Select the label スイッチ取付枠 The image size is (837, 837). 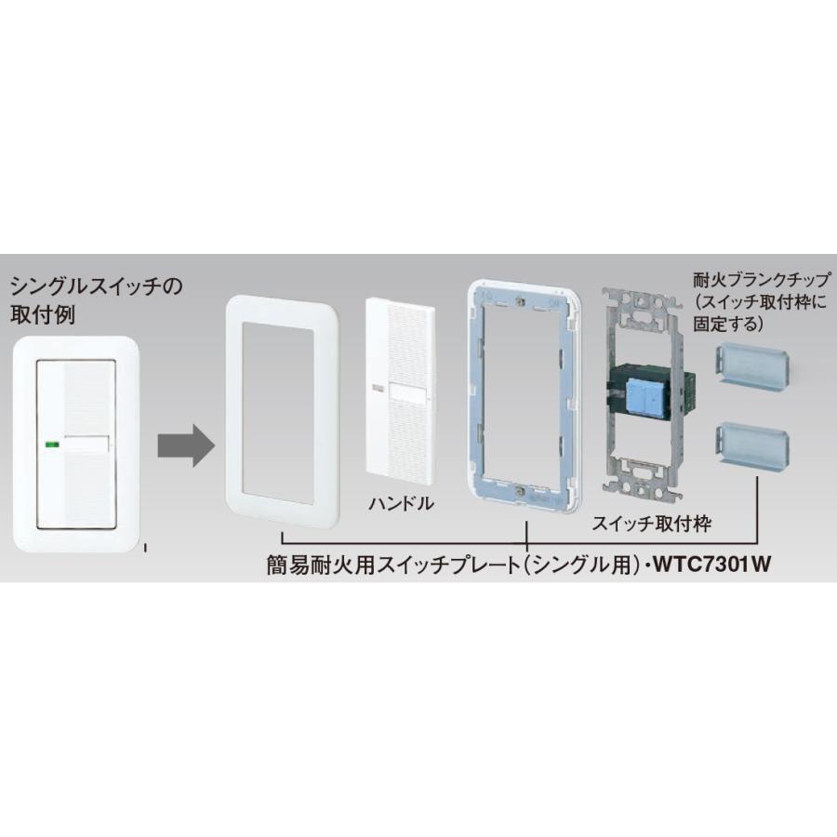(651, 525)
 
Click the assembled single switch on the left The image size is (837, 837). (77, 442)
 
